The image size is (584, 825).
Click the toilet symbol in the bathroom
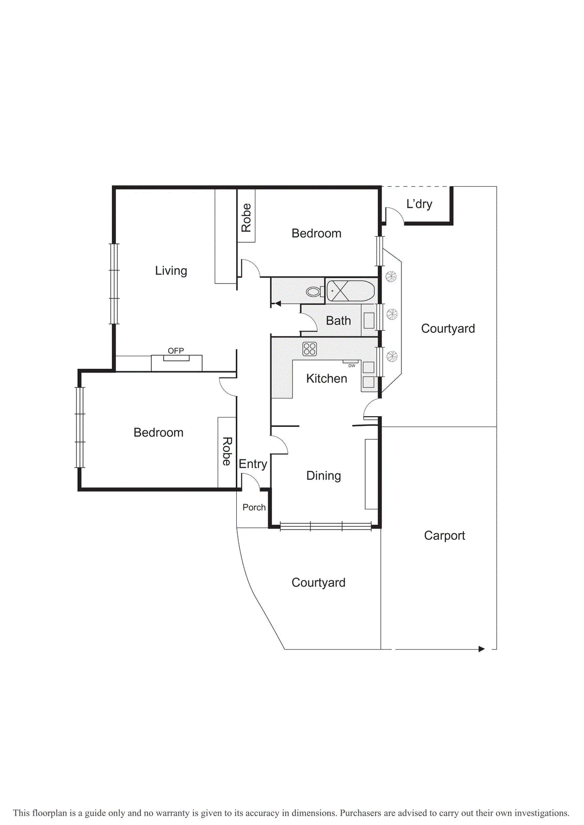point(313,292)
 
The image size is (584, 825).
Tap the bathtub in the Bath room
point(351,291)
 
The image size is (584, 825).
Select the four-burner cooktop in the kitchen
point(310,349)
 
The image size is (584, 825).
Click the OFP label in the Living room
point(175,351)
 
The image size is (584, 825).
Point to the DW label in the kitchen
point(352,366)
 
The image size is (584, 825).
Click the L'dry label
point(419,204)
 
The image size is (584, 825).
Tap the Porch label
point(254,507)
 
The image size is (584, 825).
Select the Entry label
point(253,464)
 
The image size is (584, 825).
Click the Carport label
point(444,536)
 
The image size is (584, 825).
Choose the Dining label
point(323,475)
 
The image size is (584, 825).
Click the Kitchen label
point(327,378)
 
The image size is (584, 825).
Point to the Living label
point(171,271)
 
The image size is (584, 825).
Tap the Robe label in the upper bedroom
point(247,218)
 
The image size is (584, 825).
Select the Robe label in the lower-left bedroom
point(227,452)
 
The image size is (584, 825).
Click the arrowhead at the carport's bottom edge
point(481,649)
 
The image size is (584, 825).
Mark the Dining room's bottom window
point(326,526)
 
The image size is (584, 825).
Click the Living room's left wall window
point(114,284)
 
